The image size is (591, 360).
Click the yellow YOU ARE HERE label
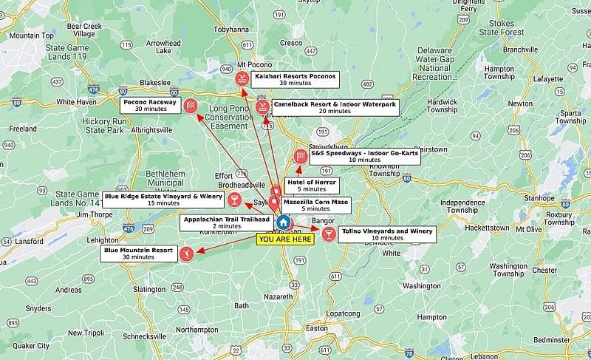pyautogui.click(x=284, y=239)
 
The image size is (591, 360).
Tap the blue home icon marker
pyautogui.click(x=283, y=223)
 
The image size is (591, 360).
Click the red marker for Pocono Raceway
pyautogui.click(x=191, y=105)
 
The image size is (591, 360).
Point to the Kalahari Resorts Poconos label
pyautogui.click(x=295, y=79)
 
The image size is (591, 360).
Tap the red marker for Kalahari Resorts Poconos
pyautogui.click(x=241, y=79)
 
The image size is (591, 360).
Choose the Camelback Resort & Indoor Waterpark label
pyautogui.click(x=335, y=107)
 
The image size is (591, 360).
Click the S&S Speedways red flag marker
pyautogui.click(x=301, y=156)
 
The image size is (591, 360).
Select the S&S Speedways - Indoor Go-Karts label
pyautogui.click(x=364, y=156)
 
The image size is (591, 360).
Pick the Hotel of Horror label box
pyautogui.click(x=311, y=186)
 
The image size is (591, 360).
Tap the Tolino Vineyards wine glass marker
pyautogui.click(x=327, y=234)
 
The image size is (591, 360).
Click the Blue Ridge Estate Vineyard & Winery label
pyautogui.click(x=163, y=199)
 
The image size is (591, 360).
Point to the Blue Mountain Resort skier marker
pyautogui.click(x=186, y=253)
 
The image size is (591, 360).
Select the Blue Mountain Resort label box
pyautogui.click(x=138, y=254)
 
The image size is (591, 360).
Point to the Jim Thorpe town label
pyautogui.click(x=92, y=214)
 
